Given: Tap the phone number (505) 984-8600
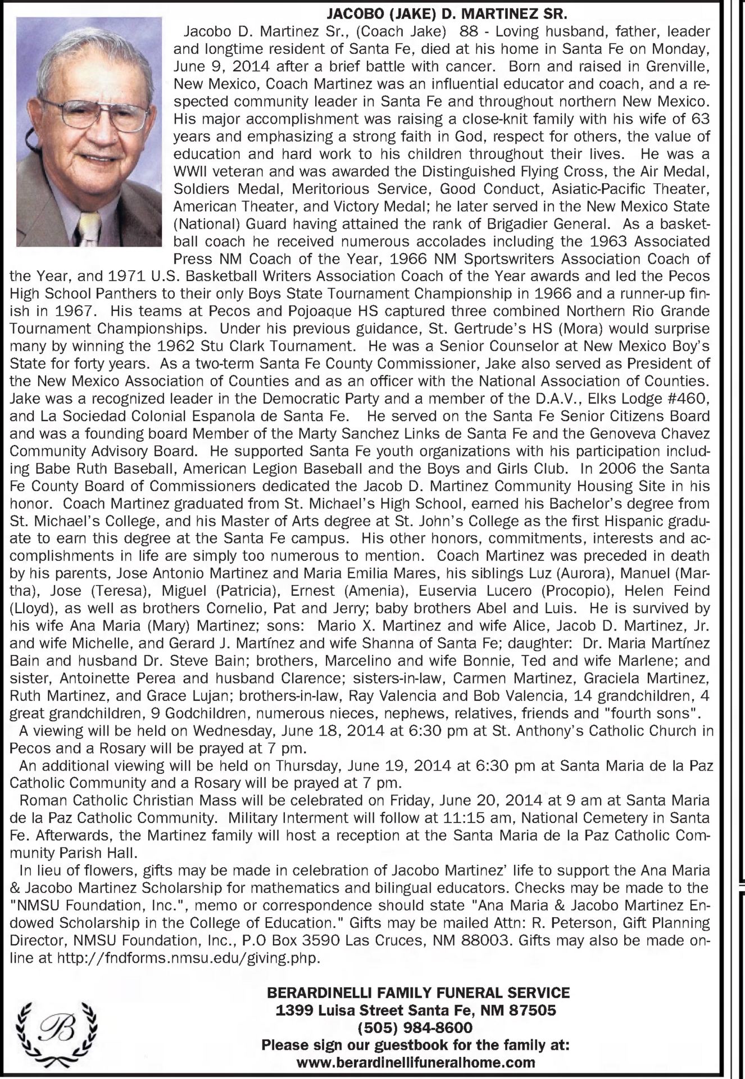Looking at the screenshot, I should [x=416, y=1028].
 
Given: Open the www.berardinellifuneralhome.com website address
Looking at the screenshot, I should [x=416, y=1063].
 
